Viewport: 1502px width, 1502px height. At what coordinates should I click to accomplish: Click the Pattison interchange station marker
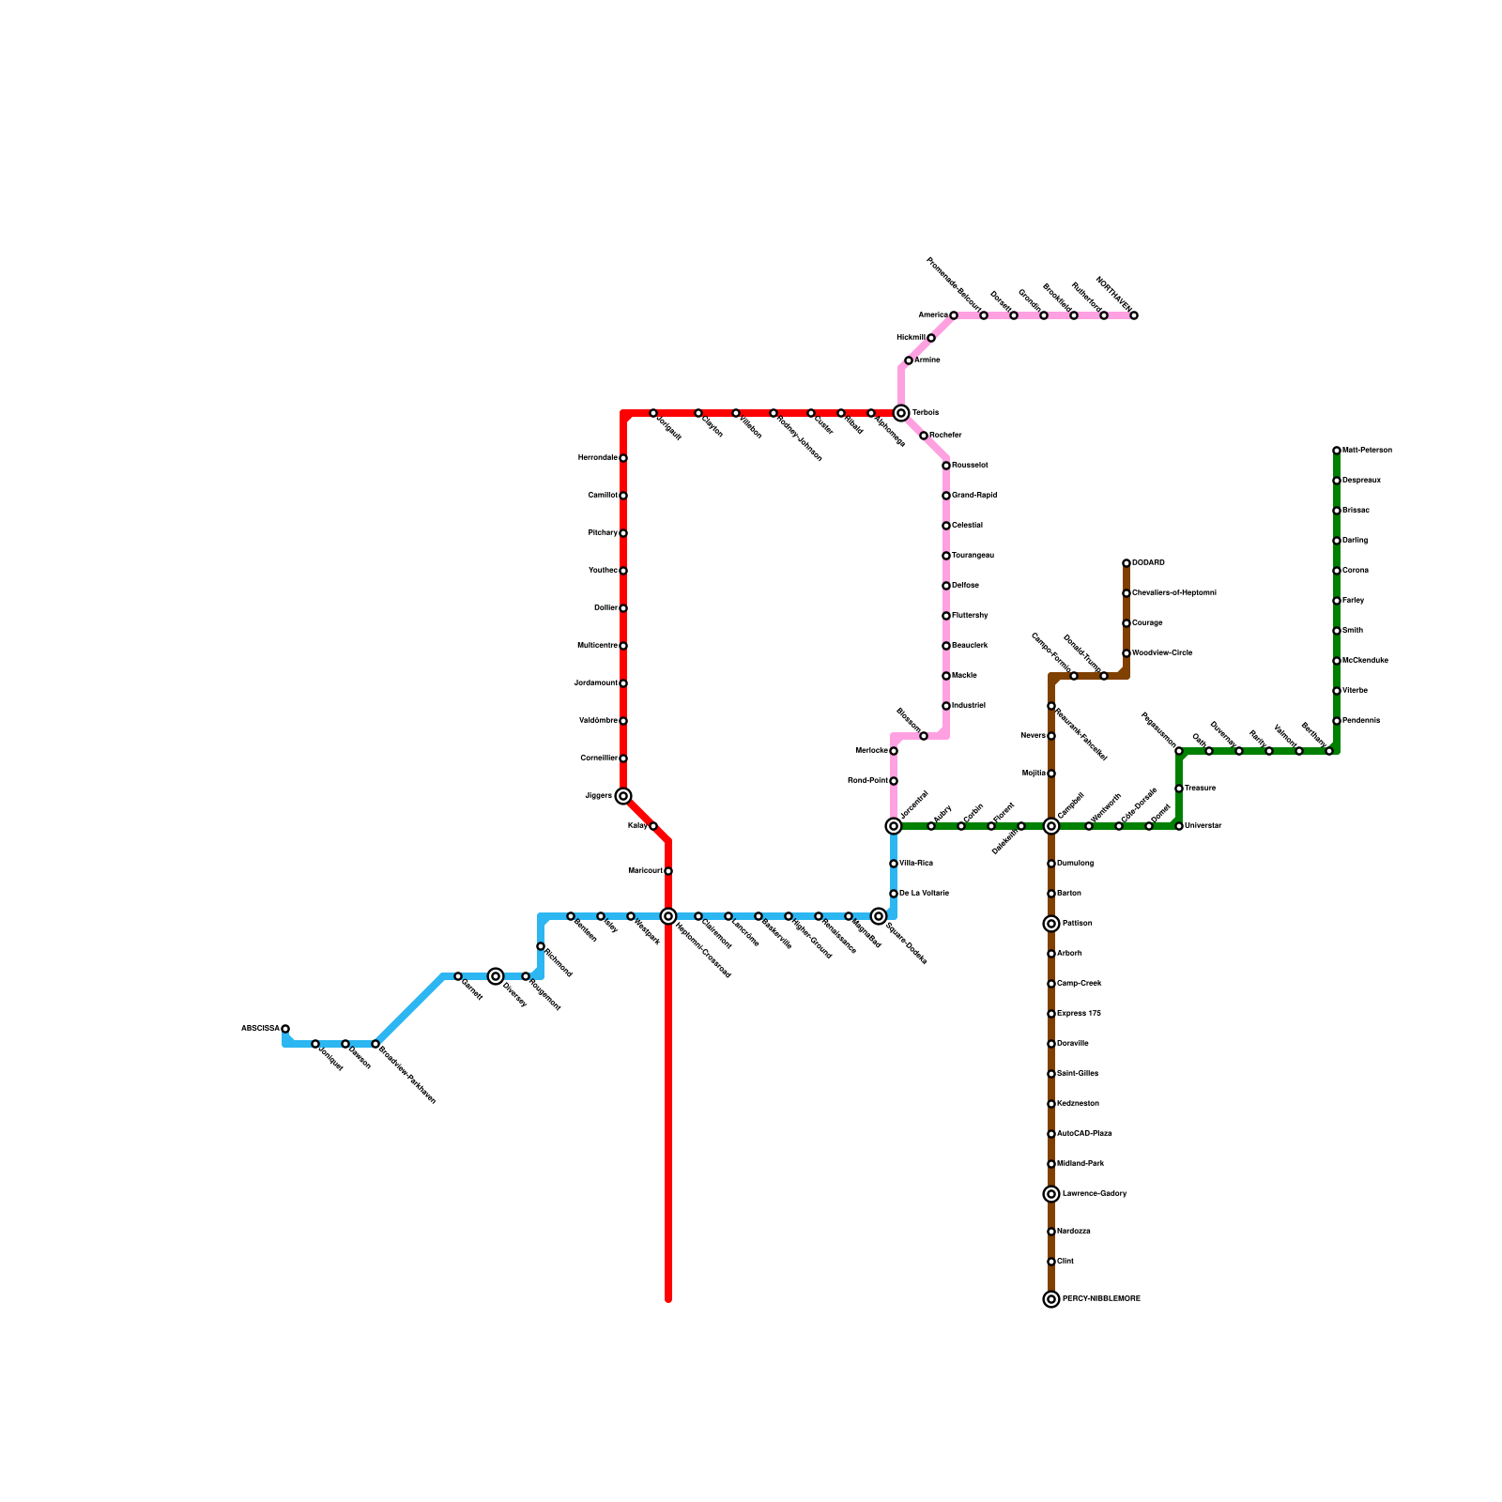coord(1051,924)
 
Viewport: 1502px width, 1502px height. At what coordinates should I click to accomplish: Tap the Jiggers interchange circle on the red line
coord(623,796)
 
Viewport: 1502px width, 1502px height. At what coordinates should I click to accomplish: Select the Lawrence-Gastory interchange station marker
coord(1051,1194)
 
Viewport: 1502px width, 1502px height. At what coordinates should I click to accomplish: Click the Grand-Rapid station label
coord(973,496)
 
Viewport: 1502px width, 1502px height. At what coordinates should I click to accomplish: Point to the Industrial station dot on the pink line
coord(946,706)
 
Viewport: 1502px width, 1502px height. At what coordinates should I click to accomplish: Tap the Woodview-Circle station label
coord(1162,653)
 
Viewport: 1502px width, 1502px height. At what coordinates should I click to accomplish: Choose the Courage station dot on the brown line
coord(1126,623)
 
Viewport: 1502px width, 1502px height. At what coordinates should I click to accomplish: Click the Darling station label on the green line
coord(1355,541)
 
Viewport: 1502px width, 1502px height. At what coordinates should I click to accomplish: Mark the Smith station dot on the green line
coord(1337,631)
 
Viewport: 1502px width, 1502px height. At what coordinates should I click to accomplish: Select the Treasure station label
coord(1200,789)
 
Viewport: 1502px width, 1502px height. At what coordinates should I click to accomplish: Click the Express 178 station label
coord(1079,1014)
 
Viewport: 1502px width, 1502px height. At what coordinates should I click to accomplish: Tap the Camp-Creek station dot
coord(1051,984)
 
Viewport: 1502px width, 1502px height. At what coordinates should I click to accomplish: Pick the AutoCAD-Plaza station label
coord(1084,1134)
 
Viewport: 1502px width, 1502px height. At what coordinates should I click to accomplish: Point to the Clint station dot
coord(1051,1262)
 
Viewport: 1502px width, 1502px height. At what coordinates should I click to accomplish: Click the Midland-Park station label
coord(1081,1164)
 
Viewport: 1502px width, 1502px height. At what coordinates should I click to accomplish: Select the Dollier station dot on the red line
coord(623,608)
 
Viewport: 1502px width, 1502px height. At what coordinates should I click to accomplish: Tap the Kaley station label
coord(636,826)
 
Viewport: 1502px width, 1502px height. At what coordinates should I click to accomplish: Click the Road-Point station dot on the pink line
coord(894,781)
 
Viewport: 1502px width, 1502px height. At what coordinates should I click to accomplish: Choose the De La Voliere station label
coord(924,894)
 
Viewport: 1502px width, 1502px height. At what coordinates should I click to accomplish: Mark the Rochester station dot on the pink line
coord(924,436)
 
